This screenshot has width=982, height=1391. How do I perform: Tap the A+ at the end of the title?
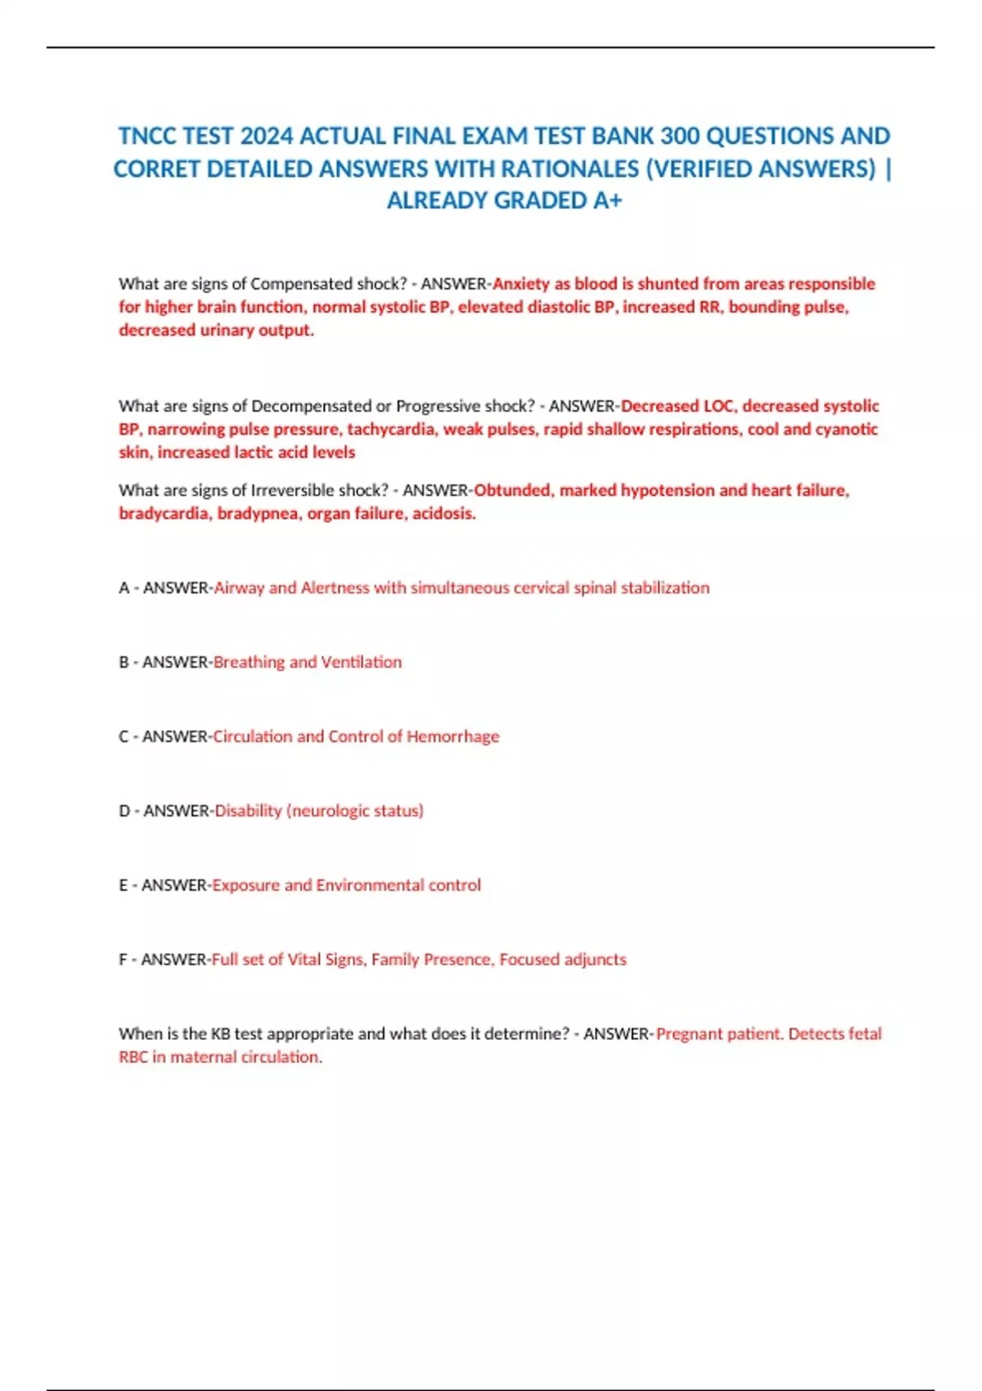[x=607, y=200]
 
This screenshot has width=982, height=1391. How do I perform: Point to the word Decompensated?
[x=311, y=406]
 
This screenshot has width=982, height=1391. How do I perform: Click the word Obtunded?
[x=512, y=490]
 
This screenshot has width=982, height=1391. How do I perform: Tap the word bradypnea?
[x=258, y=514]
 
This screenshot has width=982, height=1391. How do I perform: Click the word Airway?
[x=239, y=587]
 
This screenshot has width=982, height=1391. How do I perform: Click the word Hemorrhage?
[x=453, y=736]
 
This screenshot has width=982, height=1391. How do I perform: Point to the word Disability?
[x=248, y=811]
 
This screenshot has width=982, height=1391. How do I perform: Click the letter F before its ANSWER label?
[x=124, y=960]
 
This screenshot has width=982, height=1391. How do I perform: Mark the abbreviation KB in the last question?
[x=220, y=1034]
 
